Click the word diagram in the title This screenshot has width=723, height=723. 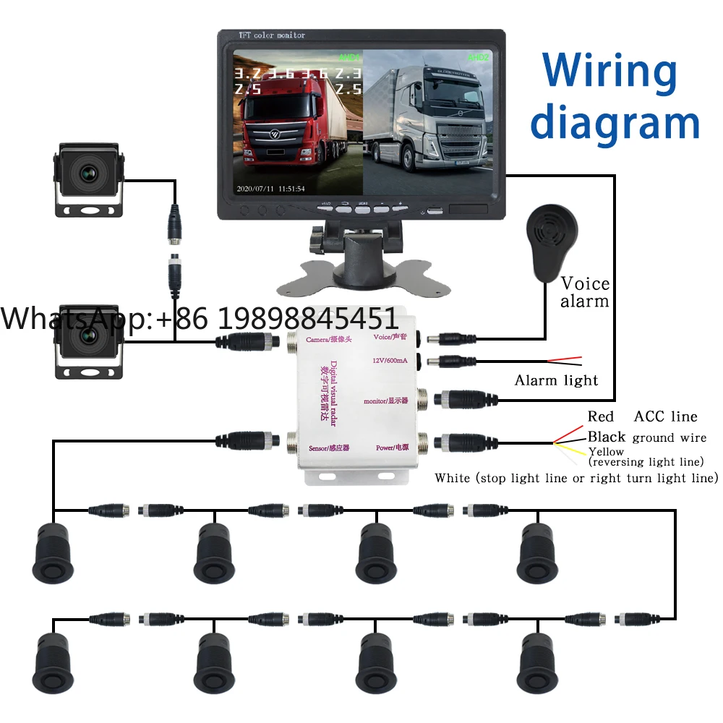point(615,123)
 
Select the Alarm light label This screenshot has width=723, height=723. point(556,380)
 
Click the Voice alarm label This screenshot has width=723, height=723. point(585,292)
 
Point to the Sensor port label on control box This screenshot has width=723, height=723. point(329,448)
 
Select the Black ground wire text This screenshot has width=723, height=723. point(646,437)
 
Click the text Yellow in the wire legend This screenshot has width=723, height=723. point(606,451)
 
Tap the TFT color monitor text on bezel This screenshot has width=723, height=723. point(272,35)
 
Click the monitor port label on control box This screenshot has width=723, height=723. point(387,401)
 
